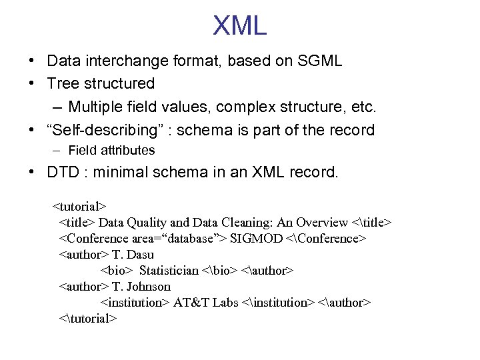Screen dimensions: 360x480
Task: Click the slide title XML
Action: pos(239,26)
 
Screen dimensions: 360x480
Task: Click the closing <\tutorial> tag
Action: pos(88,319)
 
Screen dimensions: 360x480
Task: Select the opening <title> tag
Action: pos(77,223)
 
